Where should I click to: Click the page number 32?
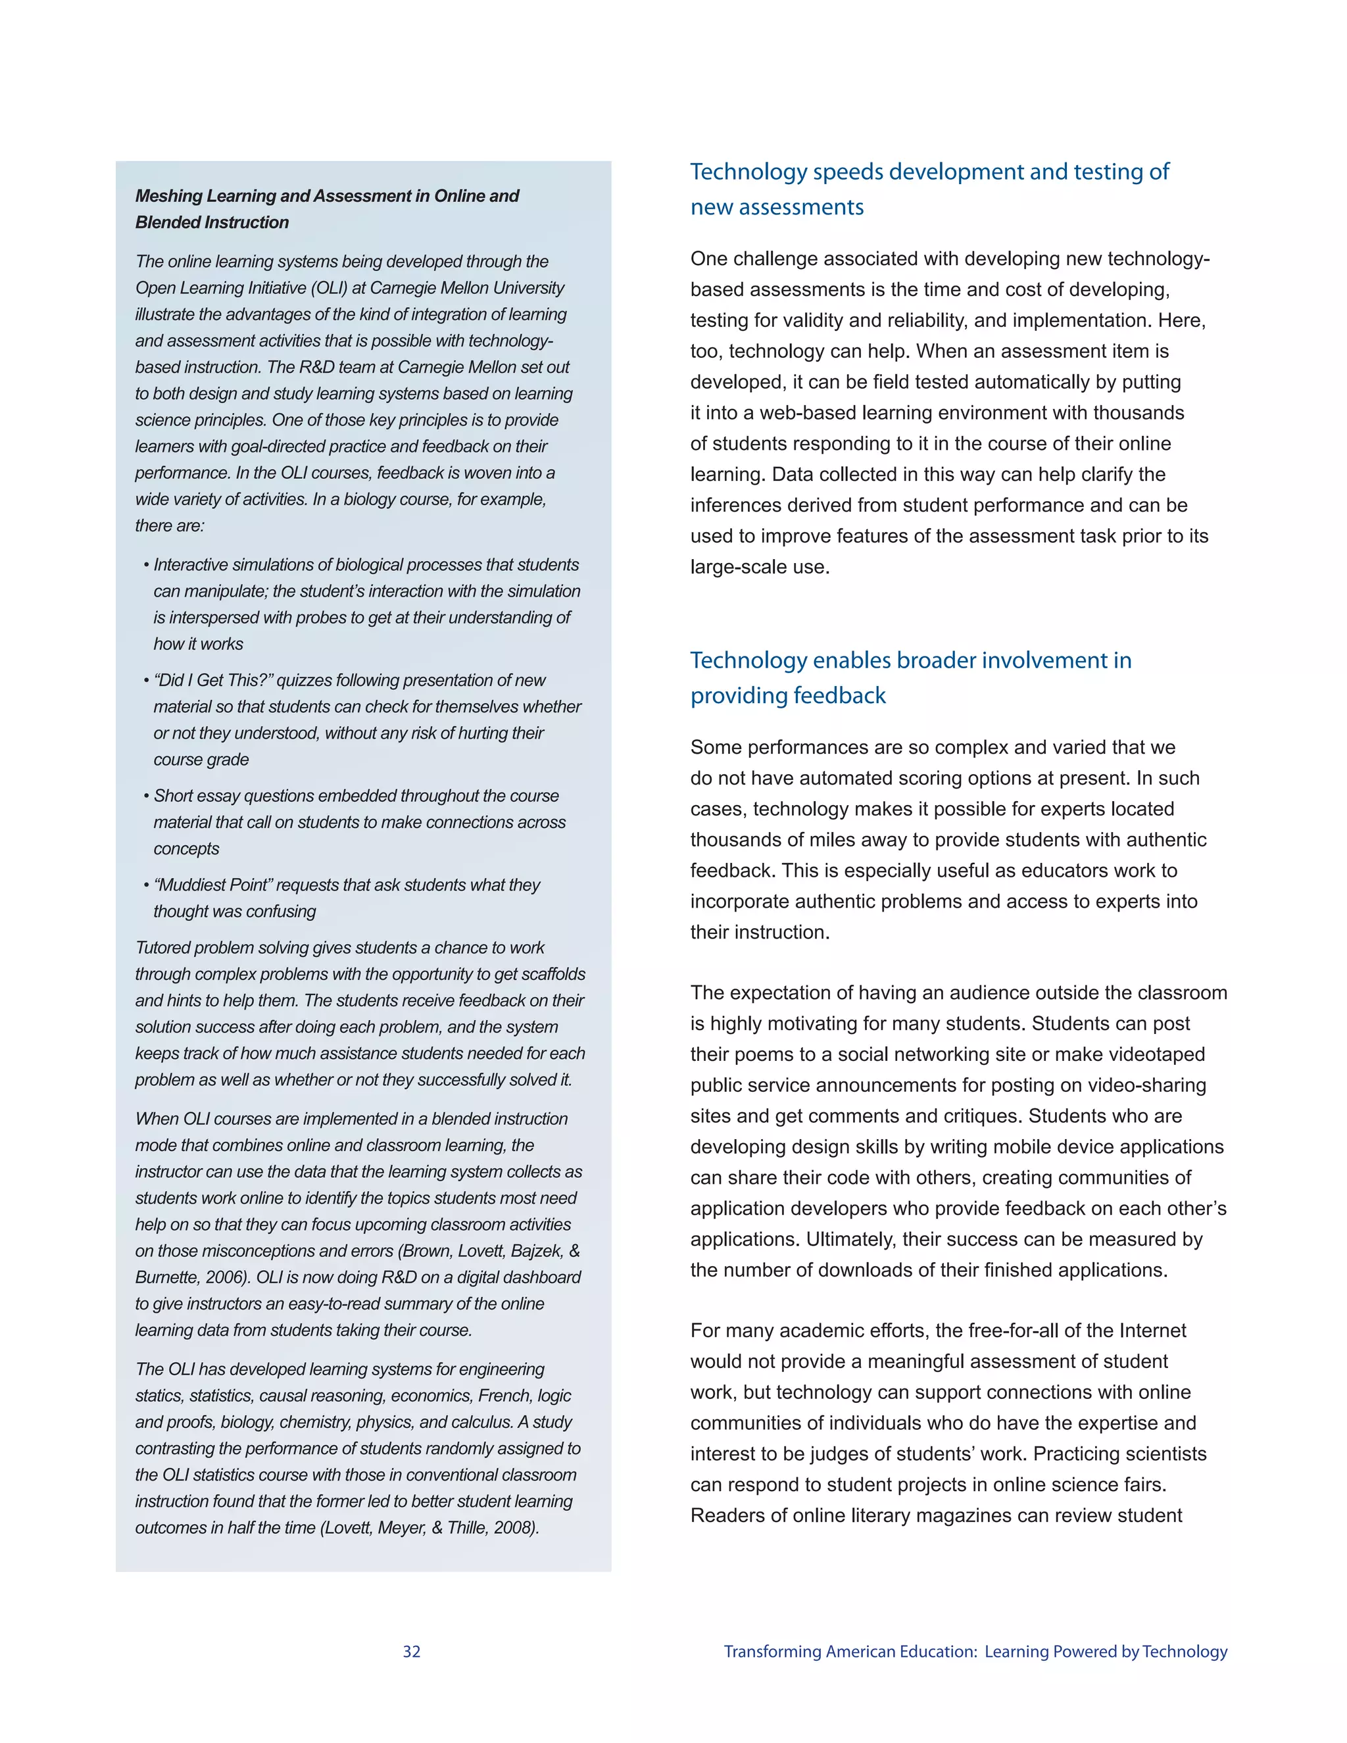[411, 1651]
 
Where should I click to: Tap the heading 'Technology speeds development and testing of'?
[929, 172]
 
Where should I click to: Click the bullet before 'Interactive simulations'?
[147, 565]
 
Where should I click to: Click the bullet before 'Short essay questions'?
[147, 797]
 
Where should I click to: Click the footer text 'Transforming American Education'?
[849, 1651]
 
